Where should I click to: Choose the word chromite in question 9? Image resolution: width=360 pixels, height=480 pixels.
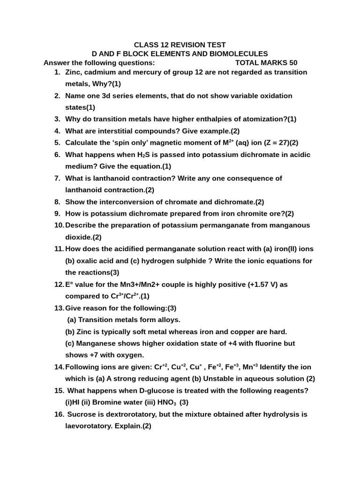coord(253,214)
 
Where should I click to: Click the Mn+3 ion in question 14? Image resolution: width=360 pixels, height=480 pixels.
coord(250,367)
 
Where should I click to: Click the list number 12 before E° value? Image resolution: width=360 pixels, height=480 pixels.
coord(59,285)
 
